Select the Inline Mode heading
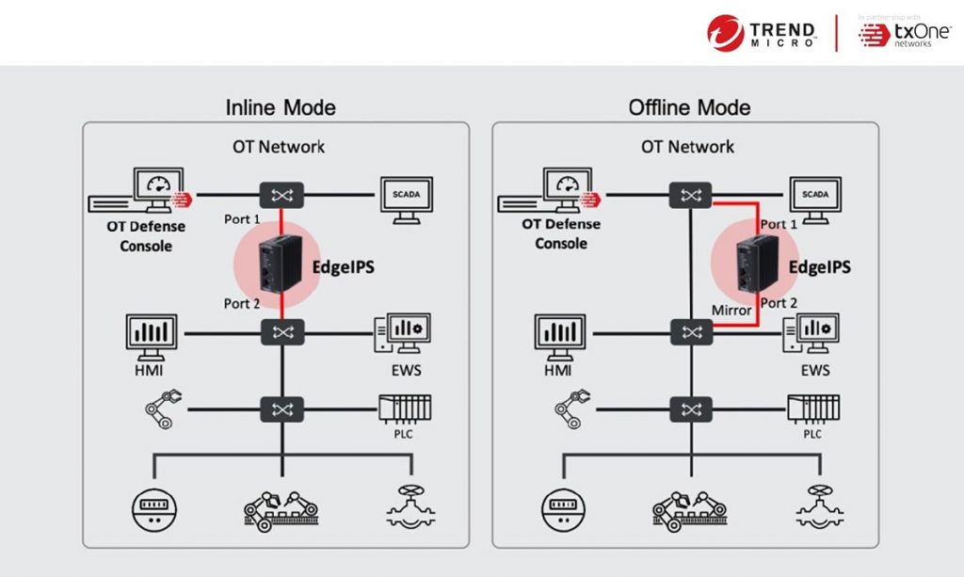(x=281, y=107)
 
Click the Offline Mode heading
(x=689, y=107)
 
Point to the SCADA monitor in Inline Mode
(x=406, y=199)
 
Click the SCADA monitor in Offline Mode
(x=815, y=199)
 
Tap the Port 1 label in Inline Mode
(x=243, y=219)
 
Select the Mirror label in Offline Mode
(x=731, y=310)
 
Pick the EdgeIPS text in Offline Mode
(x=819, y=267)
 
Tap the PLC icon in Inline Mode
(x=404, y=411)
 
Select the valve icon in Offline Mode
(x=815, y=506)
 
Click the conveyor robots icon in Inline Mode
(x=281, y=508)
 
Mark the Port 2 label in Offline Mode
(x=779, y=303)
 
